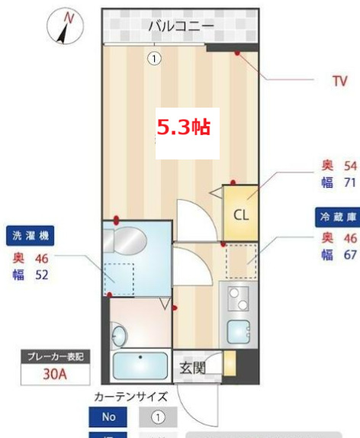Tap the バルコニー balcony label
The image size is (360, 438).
pos(181,25)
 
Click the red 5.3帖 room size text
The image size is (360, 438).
pos(183,127)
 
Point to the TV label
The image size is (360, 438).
pos(339,79)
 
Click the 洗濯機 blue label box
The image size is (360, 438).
pos(31,236)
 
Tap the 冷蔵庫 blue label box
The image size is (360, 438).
pos(337,217)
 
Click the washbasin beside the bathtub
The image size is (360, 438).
pos(119,333)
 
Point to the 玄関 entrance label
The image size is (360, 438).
pos(191,369)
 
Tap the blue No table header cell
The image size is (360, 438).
pos(108,417)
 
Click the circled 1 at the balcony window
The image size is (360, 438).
pos(154,58)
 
